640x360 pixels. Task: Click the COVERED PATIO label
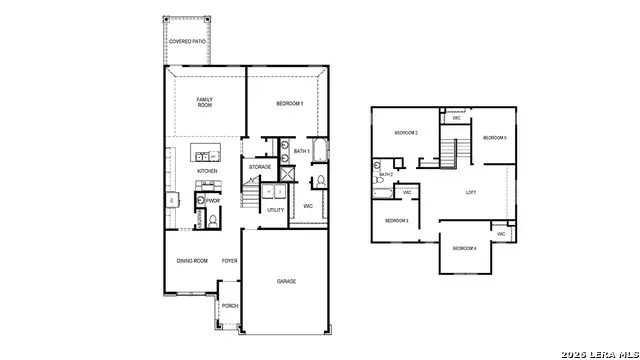[187, 41]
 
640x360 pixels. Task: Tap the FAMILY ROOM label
[205, 102]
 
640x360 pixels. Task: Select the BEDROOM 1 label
[289, 103]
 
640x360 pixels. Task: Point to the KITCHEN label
[207, 171]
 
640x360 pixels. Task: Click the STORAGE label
[260, 167]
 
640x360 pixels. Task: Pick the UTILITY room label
[275, 210]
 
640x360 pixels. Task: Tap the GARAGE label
[286, 282]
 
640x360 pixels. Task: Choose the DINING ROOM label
[192, 261]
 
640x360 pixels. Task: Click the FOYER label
[230, 261]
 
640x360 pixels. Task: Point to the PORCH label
[230, 306]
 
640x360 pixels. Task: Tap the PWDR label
[213, 200]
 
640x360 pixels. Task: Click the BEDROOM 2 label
[405, 133]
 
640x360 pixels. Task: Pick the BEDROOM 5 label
[495, 137]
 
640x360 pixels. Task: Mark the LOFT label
[471, 192]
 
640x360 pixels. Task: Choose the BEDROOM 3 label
[397, 220]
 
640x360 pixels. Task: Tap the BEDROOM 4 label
[464, 248]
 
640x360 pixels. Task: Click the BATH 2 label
[386, 174]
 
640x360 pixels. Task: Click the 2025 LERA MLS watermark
[597, 352]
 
